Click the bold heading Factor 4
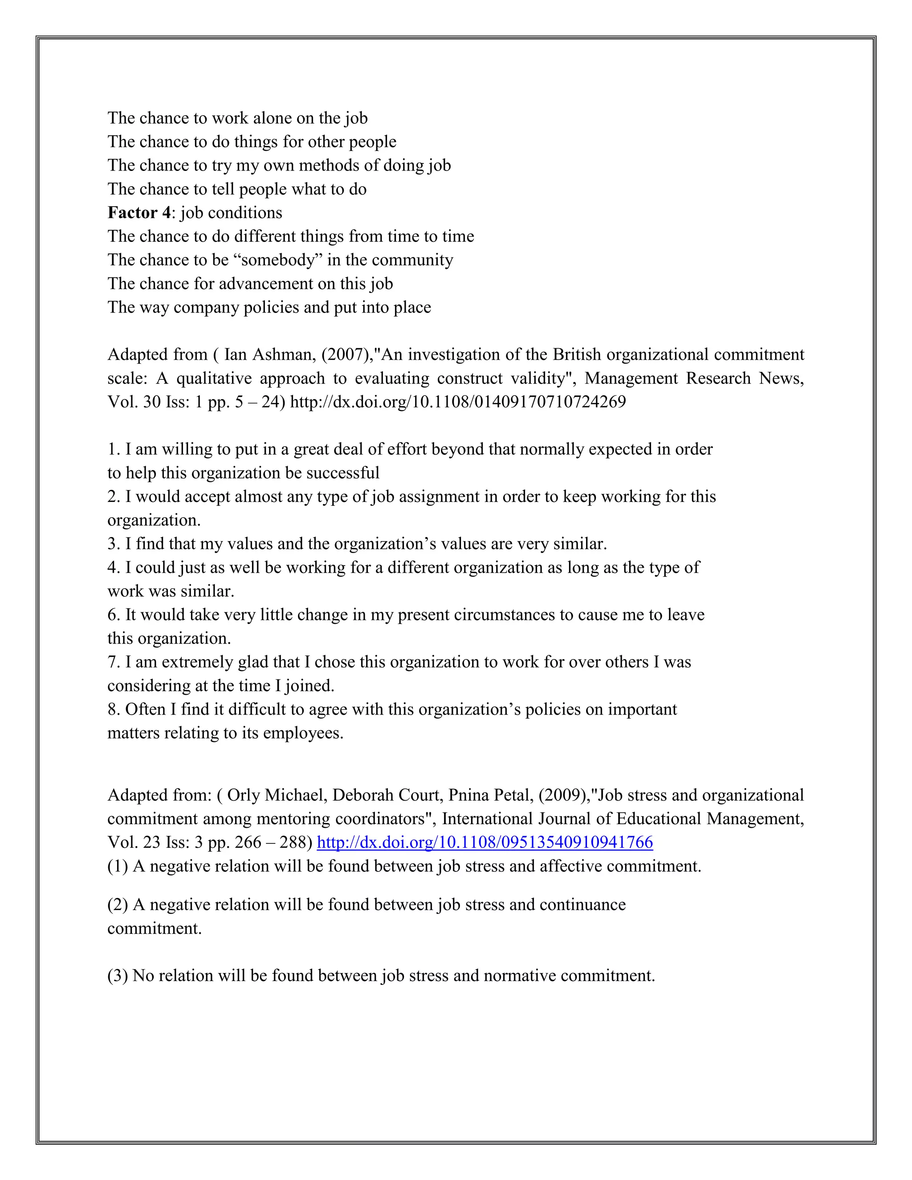tap(139, 213)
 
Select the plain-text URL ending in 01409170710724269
tap(458, 402)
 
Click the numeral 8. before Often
tap(114, 709)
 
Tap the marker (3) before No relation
tap(117, 976)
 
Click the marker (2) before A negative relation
tap(117, 905)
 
